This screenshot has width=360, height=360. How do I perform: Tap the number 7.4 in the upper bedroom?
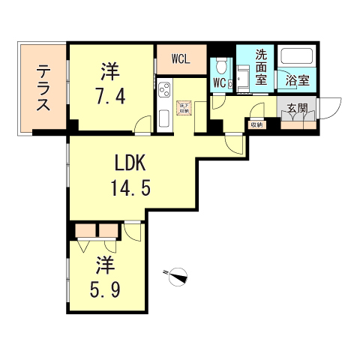coord(111,97)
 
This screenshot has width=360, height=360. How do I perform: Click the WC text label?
coord(220,83)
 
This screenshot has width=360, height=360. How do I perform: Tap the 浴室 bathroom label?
coord(298,79)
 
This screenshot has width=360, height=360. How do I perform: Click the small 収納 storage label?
coord(256,124)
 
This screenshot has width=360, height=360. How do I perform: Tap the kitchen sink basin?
coord(165,118)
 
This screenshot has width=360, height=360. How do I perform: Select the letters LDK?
coord(125,163)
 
